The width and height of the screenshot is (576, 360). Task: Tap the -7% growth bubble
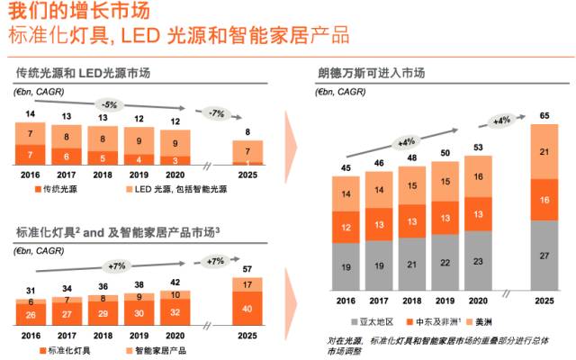click(216, 113)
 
